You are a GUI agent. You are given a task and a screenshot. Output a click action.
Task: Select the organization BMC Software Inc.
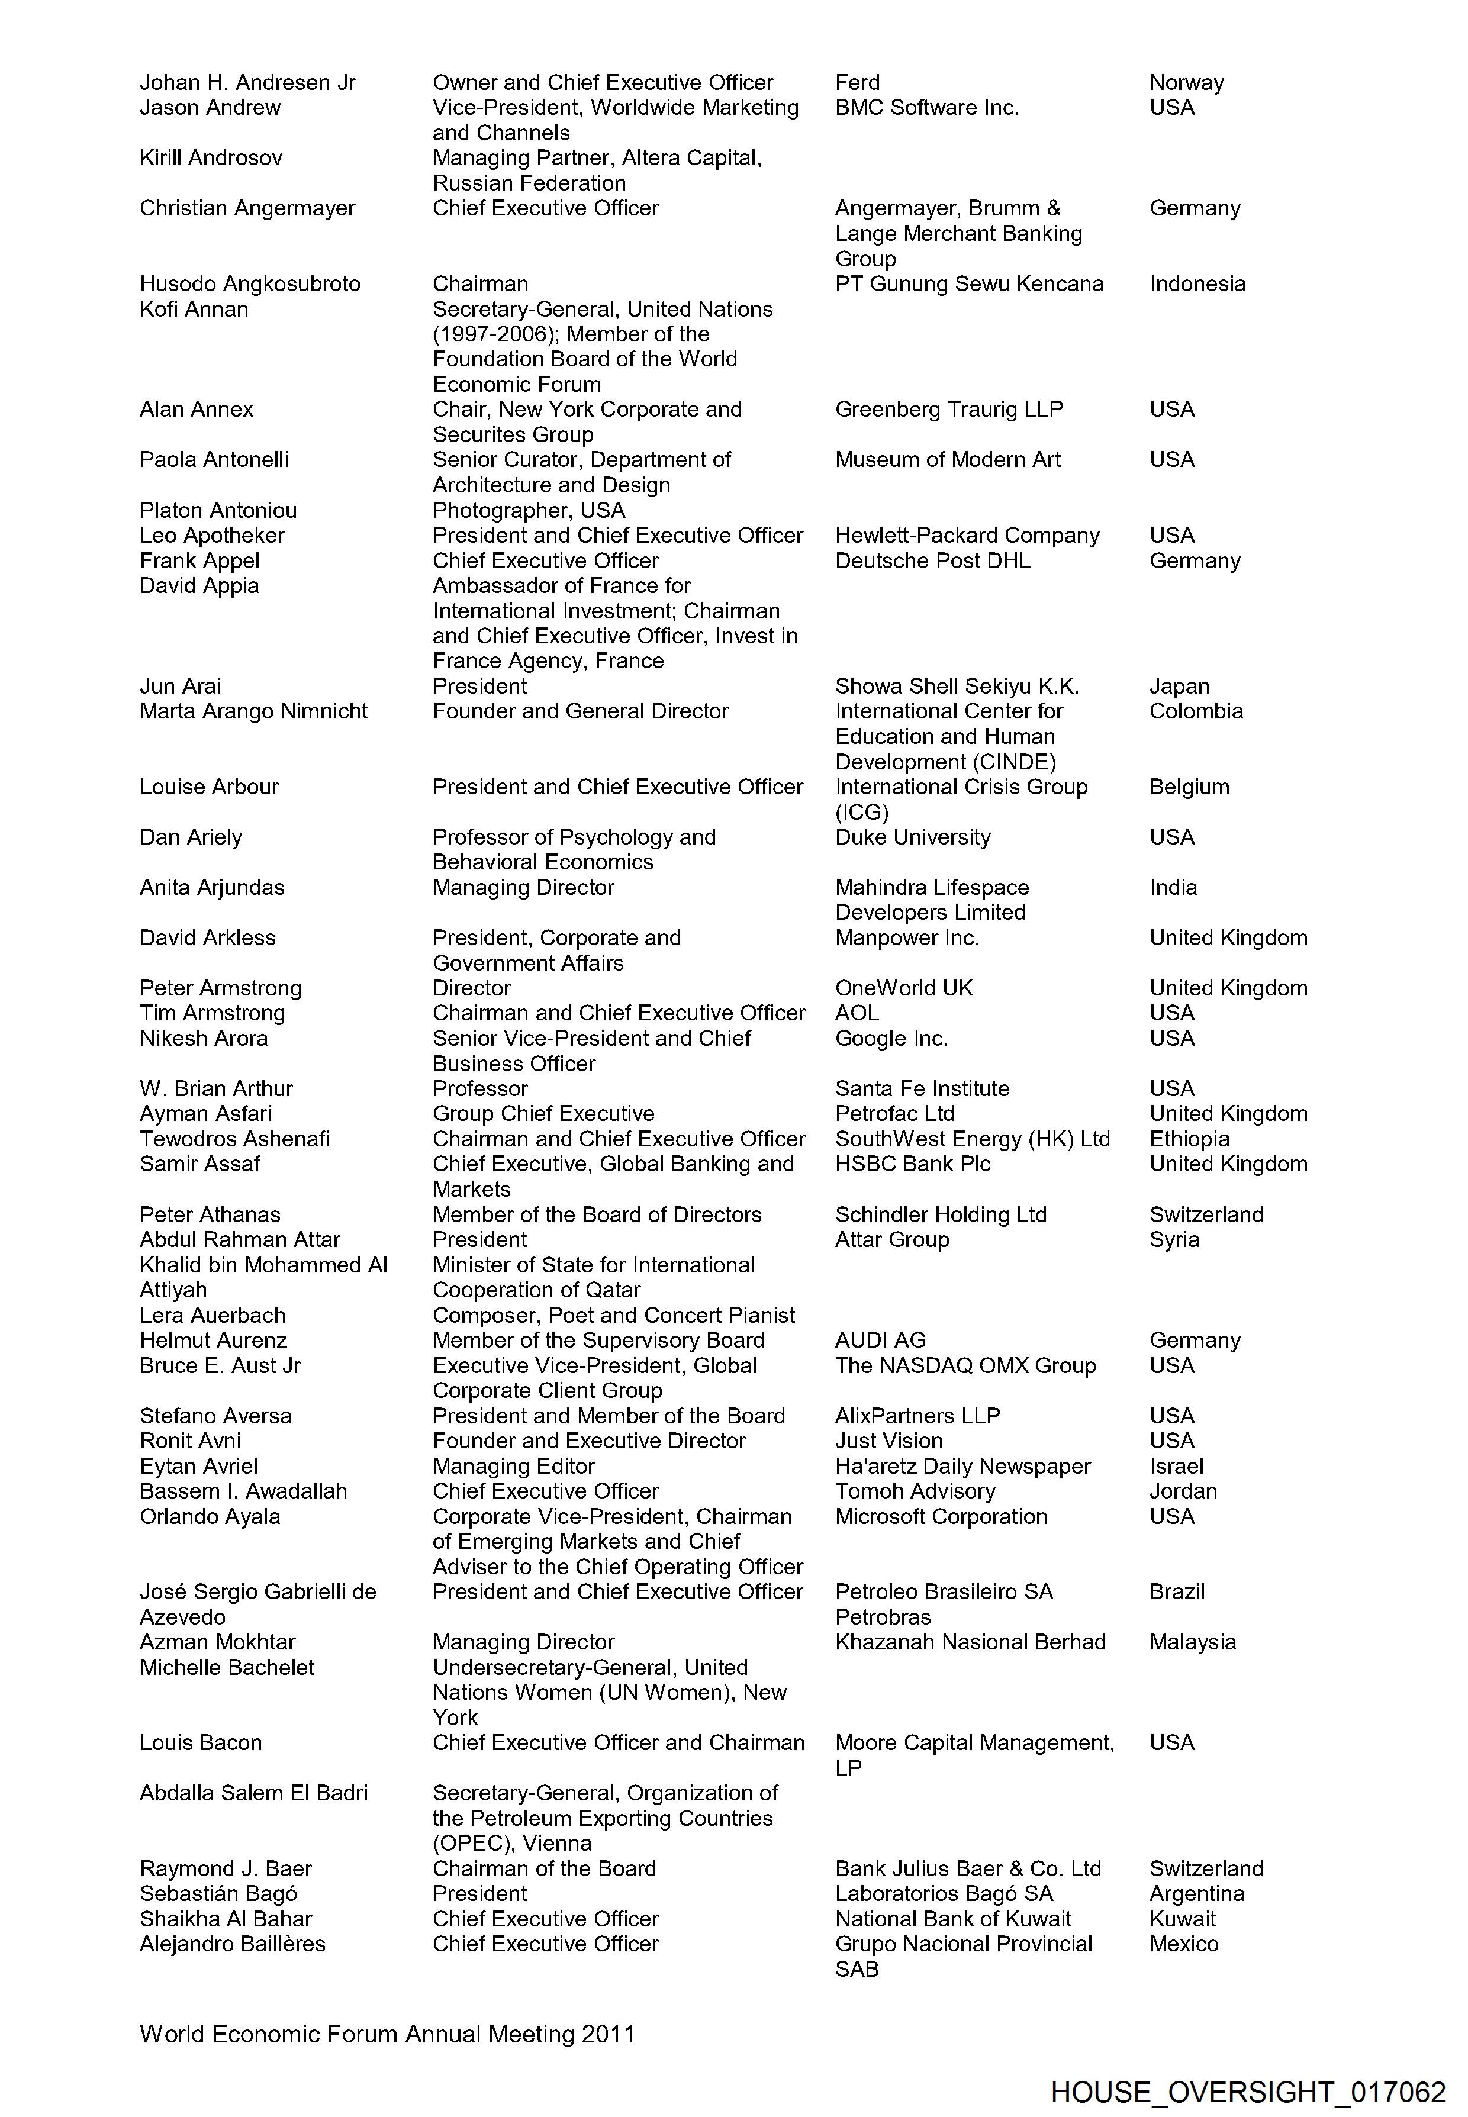[x=926, y=108]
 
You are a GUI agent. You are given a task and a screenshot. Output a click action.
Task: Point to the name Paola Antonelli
[x=214, y=460]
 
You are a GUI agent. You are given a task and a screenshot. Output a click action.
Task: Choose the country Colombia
[x=1196, y=711]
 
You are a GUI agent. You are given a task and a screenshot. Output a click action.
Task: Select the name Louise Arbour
[x=209, y=787]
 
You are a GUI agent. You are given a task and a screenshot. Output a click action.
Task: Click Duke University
[x=912, y=837]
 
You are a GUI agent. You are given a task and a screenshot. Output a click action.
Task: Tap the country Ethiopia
[x=1189, y=1139]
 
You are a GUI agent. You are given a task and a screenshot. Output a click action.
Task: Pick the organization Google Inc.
[x=891, y=1038]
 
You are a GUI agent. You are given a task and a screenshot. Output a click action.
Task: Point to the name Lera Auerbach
[x=213, y=1315]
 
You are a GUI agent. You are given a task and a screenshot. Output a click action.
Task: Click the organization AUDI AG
[x=880, y=1340]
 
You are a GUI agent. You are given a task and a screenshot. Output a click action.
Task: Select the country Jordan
[x=1183, y=1491]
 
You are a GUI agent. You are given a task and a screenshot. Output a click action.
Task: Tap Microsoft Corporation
[x=941, y=1516]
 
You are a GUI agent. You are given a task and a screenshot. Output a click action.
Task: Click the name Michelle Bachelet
[x=227, y=1667]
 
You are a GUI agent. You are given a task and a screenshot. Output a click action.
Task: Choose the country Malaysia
[x=1192, y=1642]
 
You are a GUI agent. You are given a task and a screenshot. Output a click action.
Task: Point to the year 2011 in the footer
[x=608, y=2034]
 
